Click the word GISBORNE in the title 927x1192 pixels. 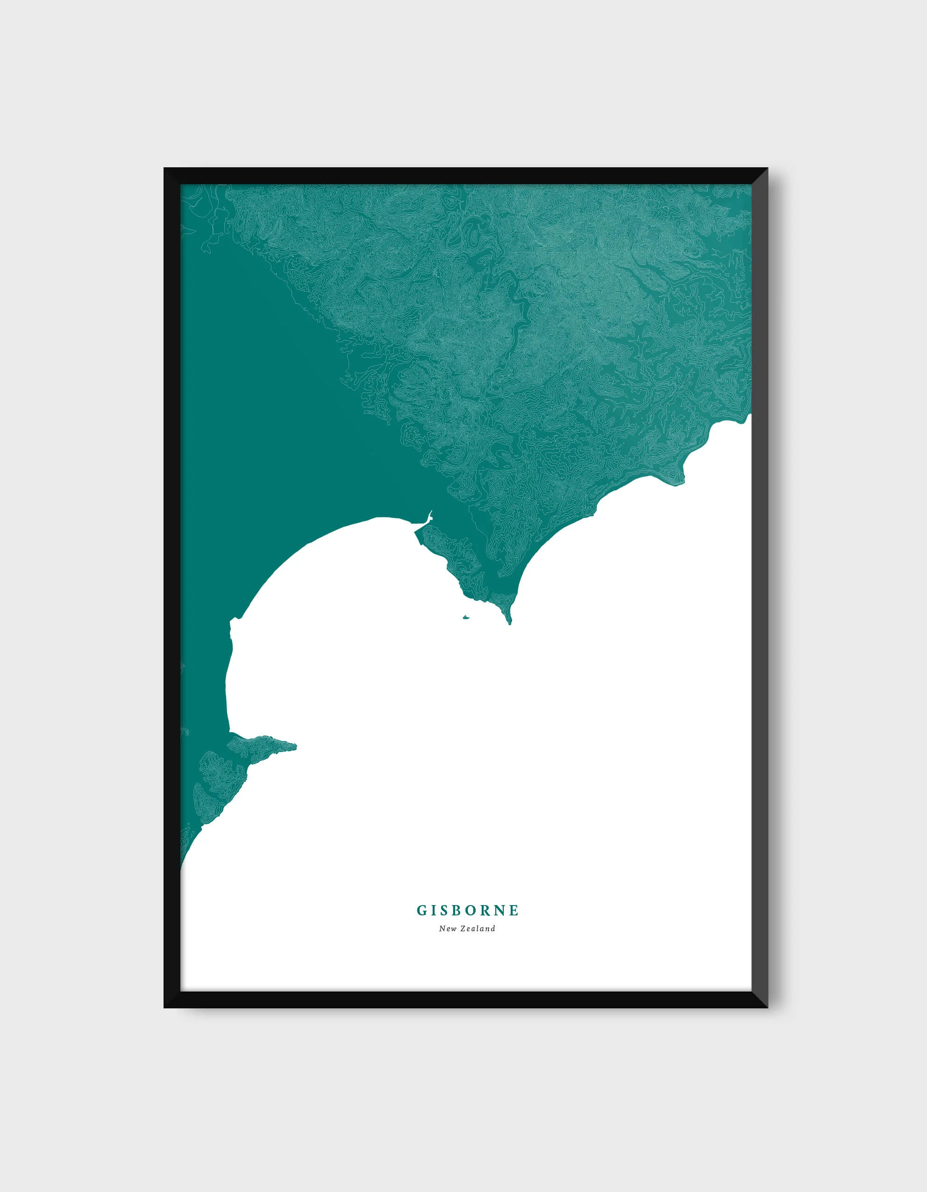tap(468, 910)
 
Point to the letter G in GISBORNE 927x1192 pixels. tap(422, 910)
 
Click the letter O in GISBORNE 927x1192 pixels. tap(468, 910)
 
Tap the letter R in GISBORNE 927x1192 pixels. tap(483, 910)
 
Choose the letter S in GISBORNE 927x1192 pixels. tap(442, 910)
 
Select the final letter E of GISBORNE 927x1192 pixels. tap(513, 910)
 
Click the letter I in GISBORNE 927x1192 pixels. tap(433, 910)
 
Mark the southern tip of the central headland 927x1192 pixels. tap(510, 623)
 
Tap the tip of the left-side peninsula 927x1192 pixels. tap(295, 746)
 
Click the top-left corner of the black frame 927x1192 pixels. tap(165, 169)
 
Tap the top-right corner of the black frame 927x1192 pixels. tap(767, 169)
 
